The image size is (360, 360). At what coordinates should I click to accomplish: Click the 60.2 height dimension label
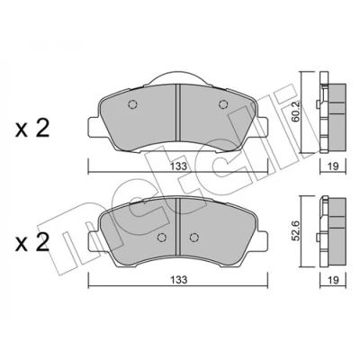coord(297,112)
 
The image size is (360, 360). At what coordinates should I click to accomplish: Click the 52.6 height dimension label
coord(297,231)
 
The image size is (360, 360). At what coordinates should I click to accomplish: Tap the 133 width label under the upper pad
coord(179,166)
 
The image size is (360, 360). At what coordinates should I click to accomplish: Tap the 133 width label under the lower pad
coord(179,280)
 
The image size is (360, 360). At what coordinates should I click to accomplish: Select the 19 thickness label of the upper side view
coord(333,166)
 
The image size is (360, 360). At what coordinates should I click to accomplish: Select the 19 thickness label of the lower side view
coord(333,280)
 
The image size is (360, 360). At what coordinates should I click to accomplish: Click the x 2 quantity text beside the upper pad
coord(32,129)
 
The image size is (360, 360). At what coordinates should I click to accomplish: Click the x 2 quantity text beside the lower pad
coord(32,242)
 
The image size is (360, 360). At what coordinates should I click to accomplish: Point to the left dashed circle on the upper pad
coord(132,104)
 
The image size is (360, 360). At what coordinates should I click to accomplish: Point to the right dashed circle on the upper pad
coord(222,104)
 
